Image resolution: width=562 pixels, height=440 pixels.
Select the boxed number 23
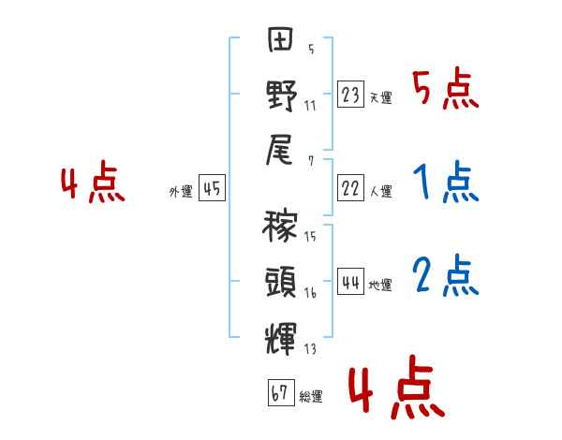point(351,94)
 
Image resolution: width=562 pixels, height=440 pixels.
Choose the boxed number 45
point(213,189)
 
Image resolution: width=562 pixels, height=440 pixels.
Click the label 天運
point(380,97)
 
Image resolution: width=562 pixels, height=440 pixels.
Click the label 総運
point(311,397)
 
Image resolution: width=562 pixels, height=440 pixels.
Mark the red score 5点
point(446,91)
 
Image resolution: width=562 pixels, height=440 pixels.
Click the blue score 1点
point(446,183)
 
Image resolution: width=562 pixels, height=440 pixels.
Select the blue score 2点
point(446,276)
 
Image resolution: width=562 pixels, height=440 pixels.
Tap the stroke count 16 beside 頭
point(310,293)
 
